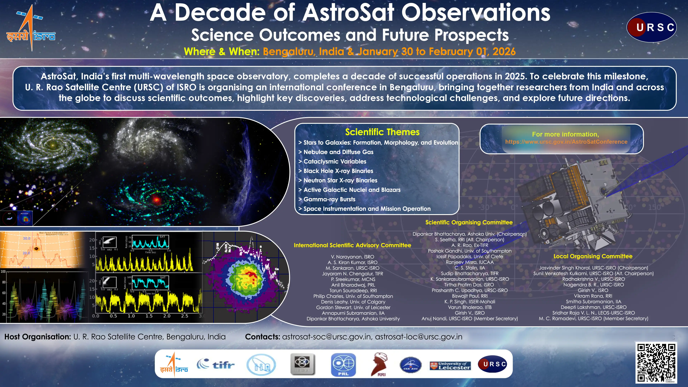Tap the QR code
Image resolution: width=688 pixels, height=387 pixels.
click(x=656, y=363)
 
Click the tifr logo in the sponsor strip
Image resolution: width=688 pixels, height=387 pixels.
click(x=216, y=364)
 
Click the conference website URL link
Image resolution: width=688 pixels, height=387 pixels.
click(x=566, y=142)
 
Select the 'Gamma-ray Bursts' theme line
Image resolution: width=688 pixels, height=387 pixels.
click(x=329, y=199)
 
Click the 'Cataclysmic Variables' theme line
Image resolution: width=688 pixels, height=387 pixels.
click(x=335, y=161)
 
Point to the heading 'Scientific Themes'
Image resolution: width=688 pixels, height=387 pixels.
click(x=382, y=132)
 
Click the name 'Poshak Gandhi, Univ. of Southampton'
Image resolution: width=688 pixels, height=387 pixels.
click(x=470, y=251)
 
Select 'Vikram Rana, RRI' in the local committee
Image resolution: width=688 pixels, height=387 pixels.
click(x=593, y=296)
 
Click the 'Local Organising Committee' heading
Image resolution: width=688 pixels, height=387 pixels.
click(x=593, y=256)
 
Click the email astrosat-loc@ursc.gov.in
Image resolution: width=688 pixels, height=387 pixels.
click(x=419, y=337)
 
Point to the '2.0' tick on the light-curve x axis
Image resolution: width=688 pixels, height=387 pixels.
click(x=167, y=316)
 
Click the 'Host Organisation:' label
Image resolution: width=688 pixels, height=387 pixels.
click(x=38, y=337)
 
